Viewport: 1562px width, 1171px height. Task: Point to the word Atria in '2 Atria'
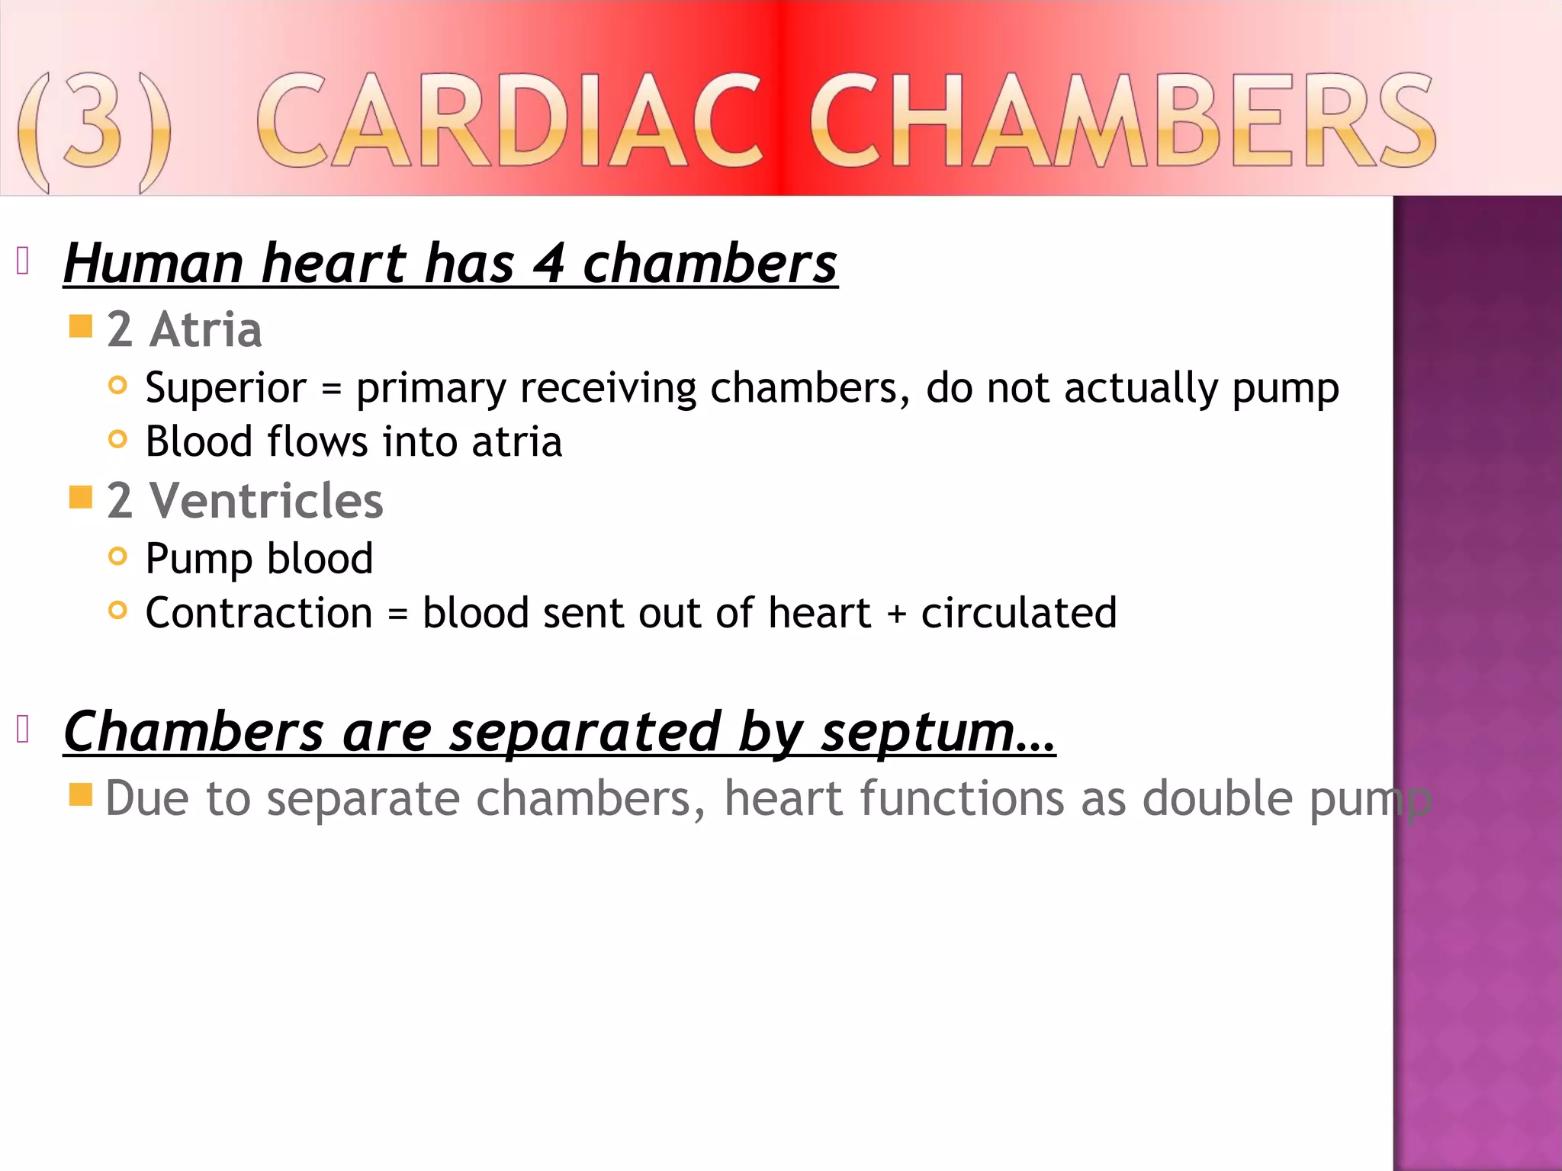[x=206, y=329]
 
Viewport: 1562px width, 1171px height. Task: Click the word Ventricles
[x=266, y=501]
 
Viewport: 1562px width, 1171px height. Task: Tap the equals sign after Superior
[x=331, y=390]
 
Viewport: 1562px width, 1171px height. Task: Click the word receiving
[x=608, y=389]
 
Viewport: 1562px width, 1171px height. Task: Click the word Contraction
[x=259, y=613]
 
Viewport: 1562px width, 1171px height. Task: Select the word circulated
[x=1019, y=613]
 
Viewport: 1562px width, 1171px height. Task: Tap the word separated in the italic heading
[x=584, y=733]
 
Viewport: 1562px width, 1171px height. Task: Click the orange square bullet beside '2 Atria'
[x=80, y=327]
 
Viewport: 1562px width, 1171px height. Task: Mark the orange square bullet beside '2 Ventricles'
[x=80, y=498]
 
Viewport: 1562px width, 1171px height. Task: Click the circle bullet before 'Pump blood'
[x=117, y=557]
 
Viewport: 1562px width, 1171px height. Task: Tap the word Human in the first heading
[x=153, y=264]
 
